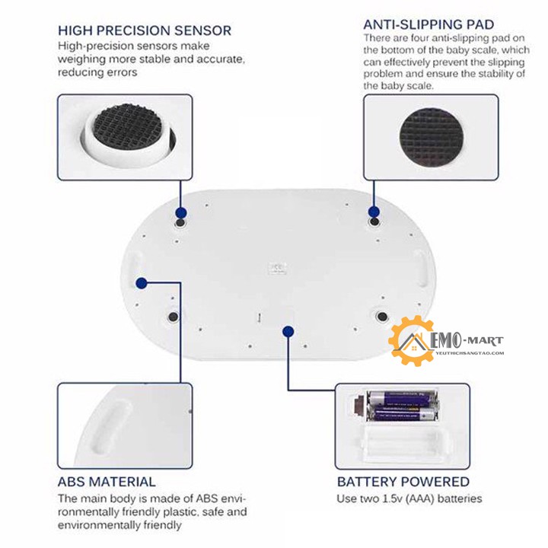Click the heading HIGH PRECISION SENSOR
point(145,30)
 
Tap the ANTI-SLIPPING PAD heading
point(429,24)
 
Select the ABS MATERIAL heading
point(107,482)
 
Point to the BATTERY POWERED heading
point(403,482)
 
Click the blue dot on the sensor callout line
point(181,213)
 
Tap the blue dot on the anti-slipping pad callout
point(374,212)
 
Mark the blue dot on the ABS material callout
point(141,283)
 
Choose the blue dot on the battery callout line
point(287,331)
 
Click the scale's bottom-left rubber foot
point(173,315)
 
